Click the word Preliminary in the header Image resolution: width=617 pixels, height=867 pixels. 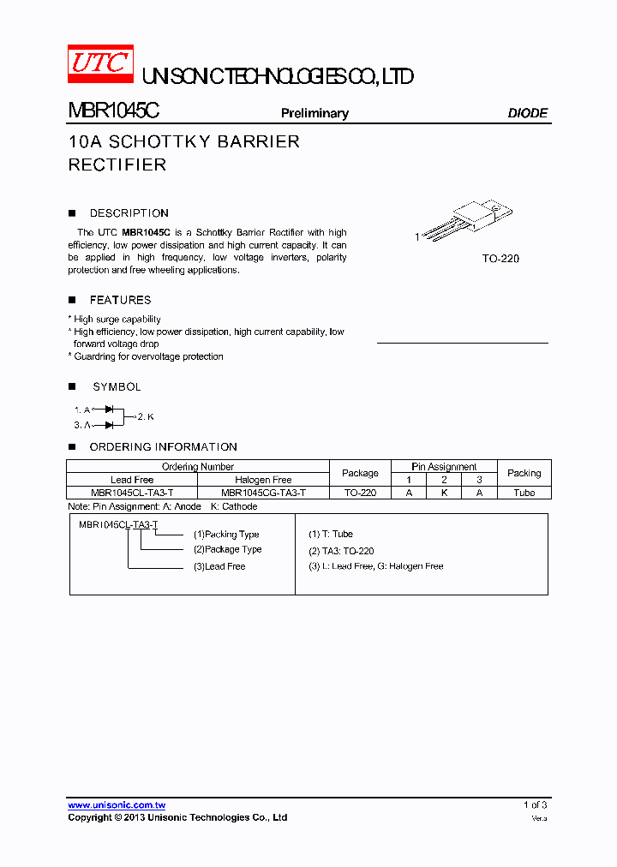pos(314,113)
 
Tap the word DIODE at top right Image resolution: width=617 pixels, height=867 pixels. pos(527,113)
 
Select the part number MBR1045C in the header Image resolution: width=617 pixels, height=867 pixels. pos(113,112)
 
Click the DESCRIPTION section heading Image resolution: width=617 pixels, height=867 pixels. pos(129,213)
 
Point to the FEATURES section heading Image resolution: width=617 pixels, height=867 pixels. pos(120,300)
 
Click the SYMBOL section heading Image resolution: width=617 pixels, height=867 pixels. pos(117,387)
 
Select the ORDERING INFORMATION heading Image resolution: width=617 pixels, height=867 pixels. pos(163,447)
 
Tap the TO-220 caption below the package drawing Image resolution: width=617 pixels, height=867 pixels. pos(500,258)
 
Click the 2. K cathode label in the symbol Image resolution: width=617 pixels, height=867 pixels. pos(146,416)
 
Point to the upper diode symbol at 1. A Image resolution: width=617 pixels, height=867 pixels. pos(109,410)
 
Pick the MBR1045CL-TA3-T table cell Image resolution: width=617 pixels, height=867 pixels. pos(132,493)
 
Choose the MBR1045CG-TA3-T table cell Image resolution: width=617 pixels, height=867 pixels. pos(263,493)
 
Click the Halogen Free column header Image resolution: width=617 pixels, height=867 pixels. pos(263,480)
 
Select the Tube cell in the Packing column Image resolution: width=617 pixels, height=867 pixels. pos(524,493)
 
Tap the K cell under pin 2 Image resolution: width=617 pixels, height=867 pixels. pos(444,493)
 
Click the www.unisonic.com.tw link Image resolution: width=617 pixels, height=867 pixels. pos(117,805)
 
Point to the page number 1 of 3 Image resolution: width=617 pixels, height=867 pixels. pos(535,804)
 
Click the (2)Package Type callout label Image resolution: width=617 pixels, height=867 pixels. pos(227,549)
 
